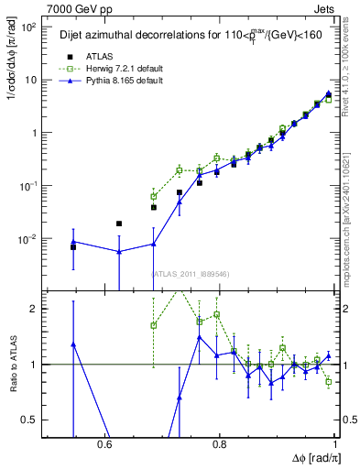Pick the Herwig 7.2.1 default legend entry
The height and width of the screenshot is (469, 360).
click(x=121, y=69)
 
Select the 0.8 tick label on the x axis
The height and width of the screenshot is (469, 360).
click(x=219, y=445)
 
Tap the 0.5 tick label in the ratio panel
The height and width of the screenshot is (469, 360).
click(x=29, y=420)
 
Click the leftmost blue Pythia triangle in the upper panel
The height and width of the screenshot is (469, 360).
click(x=73, y=242)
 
